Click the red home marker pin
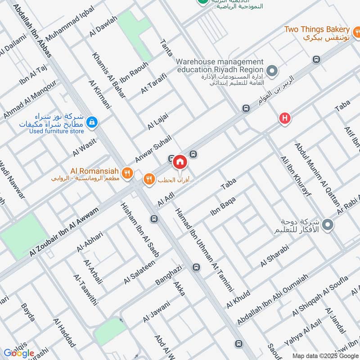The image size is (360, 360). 180,161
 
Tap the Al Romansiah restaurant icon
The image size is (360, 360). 128,171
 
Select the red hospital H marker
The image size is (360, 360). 284,118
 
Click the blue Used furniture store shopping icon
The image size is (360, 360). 92,121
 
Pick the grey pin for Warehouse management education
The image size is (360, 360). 272,71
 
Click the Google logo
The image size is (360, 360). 19,353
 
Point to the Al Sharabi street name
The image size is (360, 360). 274,256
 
